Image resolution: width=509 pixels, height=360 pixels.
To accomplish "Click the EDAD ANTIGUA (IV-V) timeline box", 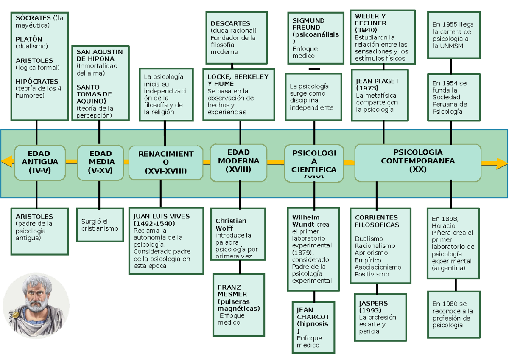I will tap(40, 162).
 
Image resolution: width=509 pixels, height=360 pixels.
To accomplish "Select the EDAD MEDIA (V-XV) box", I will tap(101, 163).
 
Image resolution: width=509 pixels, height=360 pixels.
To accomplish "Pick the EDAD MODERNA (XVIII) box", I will tap(238, 161).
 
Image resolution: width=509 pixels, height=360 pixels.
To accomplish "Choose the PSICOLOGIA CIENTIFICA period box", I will tap(314, 163).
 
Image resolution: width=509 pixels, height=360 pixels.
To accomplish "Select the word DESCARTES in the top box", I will tap(230, 24).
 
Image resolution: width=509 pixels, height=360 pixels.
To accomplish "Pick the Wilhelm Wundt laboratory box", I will tap(314, 249).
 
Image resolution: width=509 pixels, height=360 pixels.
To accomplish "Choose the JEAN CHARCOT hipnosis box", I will tap(313, 327).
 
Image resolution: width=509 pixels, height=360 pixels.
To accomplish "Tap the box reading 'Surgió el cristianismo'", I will tap(100, 225).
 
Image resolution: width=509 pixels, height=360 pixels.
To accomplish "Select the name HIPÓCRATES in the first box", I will tap(36, 81).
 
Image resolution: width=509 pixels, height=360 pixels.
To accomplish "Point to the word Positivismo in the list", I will tap(372, 274).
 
